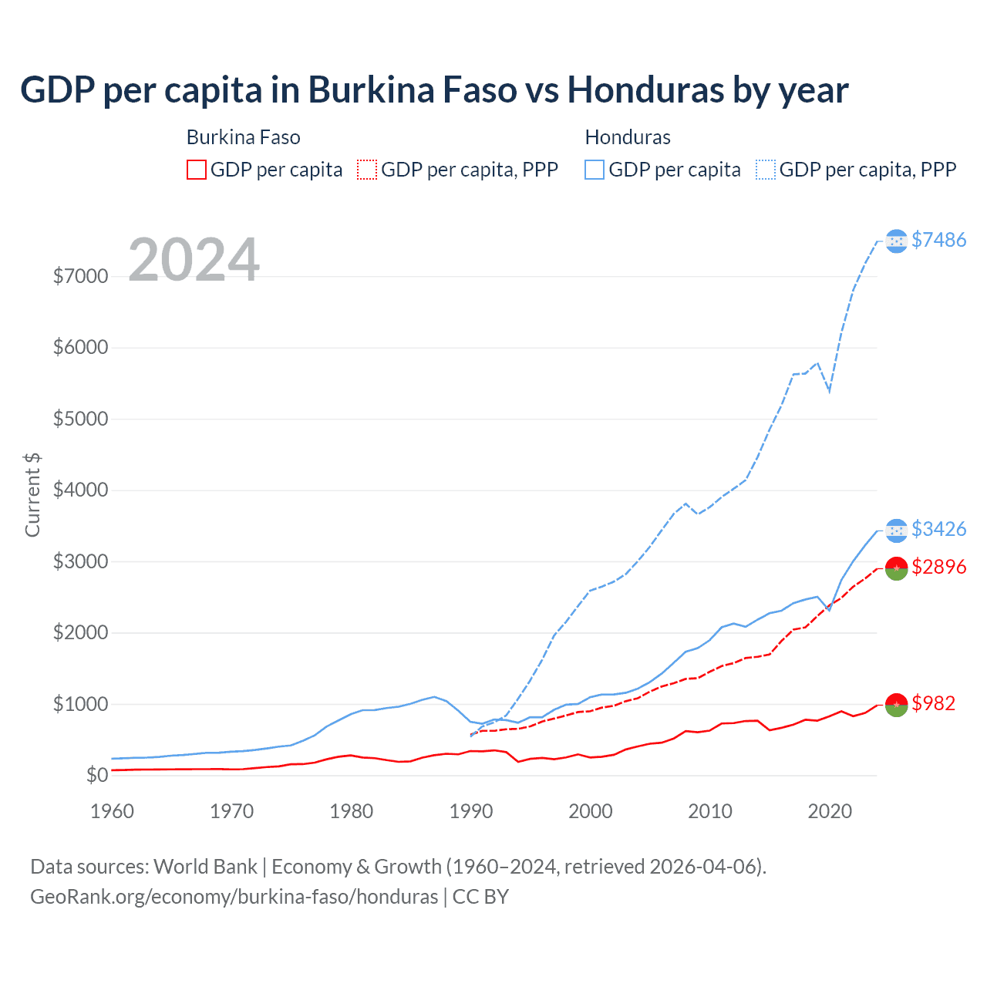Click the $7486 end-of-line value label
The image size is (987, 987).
pos(938,240)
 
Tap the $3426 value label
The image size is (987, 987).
pos(938,529)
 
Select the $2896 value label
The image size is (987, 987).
pos(938,567)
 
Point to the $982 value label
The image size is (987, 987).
pos(933,703)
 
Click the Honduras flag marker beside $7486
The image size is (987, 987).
pos(896,241)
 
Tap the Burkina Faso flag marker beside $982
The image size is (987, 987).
pos(896,704)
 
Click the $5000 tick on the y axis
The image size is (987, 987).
pos(80,419)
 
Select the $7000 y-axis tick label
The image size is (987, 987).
pos(80,276)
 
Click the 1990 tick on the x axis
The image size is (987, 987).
pos(471,811)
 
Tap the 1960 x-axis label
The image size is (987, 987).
pos(113,811)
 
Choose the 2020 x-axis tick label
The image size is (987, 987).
pos(830,811)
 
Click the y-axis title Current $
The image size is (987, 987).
pos(32,495)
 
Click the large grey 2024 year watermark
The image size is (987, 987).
pos(194,260)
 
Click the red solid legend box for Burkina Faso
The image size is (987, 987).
pos(197,170)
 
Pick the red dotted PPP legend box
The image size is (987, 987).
pos(367,170)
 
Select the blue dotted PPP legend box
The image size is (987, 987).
pos(766,170)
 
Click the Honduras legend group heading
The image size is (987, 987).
pos(628,137)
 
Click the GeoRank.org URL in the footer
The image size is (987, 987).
pos(234,897)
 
